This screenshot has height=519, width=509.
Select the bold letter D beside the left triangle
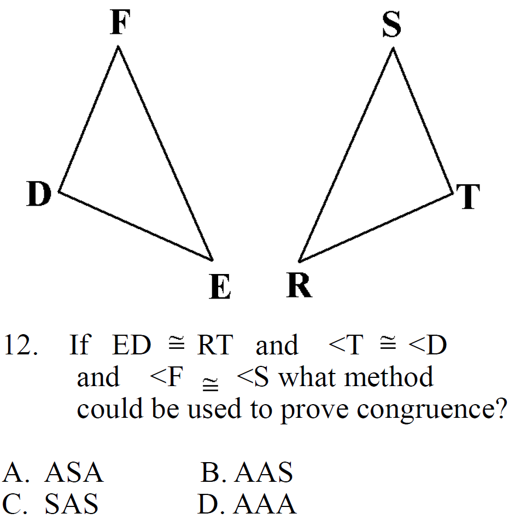[39, 195]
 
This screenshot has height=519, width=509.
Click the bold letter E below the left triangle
[219, 287]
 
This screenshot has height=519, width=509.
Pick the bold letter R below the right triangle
[299, 285]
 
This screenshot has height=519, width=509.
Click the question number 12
[20, 346]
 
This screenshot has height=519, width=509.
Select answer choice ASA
[74, 473]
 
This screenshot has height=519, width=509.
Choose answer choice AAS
[264, 473]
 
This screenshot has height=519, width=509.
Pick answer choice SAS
[71, 504]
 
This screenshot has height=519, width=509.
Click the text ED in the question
[131, 346]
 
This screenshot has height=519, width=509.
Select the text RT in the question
[215, 346]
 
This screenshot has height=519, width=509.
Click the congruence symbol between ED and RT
[174, 345]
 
